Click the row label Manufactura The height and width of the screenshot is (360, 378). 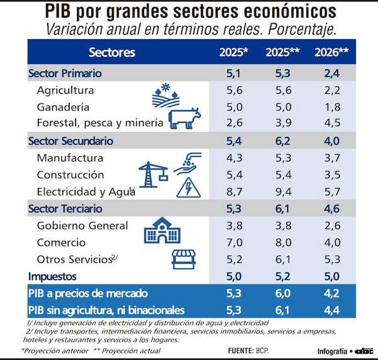[70, 158]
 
